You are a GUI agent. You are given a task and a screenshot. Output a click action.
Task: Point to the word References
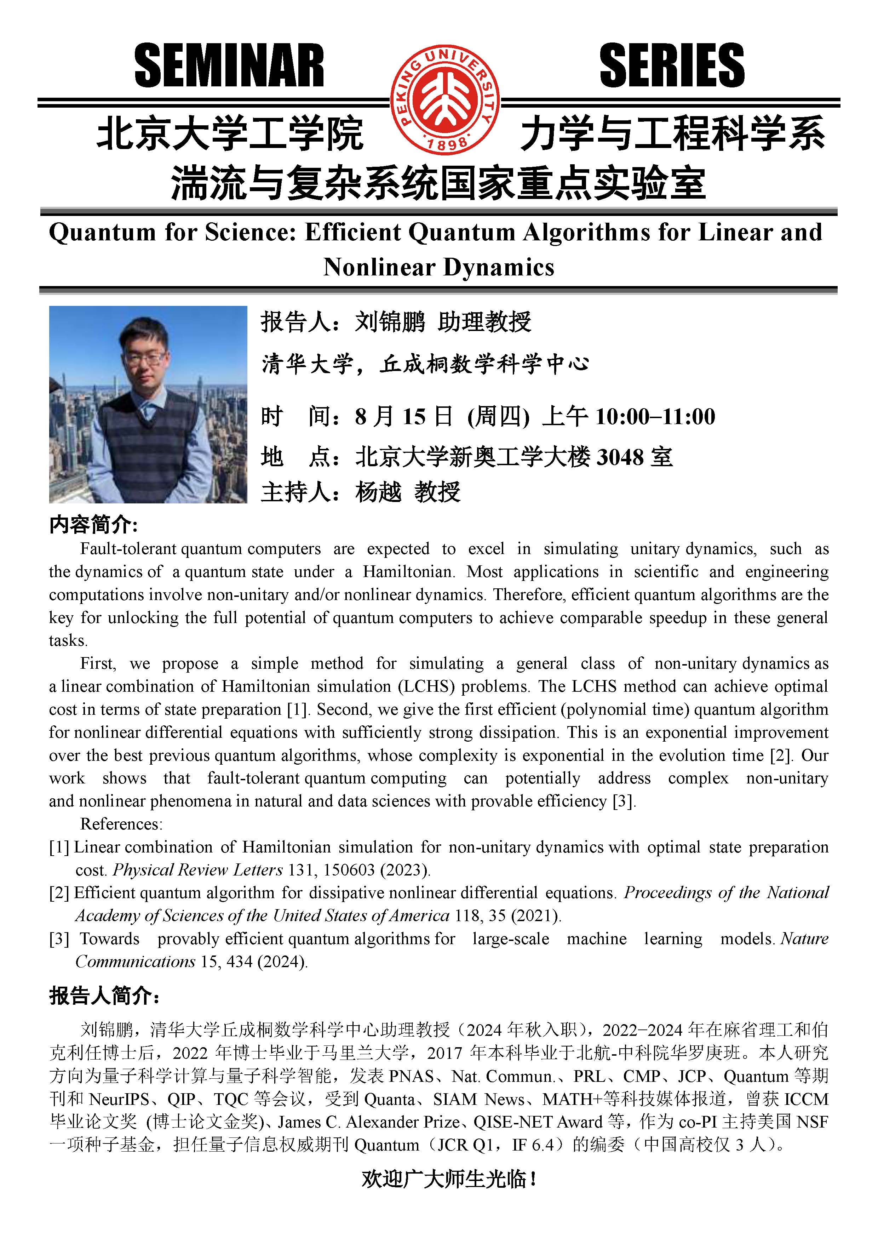(x=121, y=824)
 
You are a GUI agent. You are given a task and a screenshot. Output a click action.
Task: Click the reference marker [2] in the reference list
(x=59, y=893)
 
